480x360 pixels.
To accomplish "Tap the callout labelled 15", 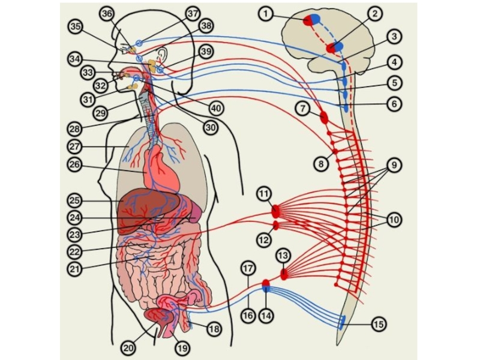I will click(378, 325).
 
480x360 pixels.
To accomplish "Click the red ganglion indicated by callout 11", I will click(275, 211).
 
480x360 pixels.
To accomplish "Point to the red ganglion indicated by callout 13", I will click(284, 274).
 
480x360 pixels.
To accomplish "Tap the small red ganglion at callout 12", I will click(276, 226).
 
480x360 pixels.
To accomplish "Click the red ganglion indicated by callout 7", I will click(324, 116).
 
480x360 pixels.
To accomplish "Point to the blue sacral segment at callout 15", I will click(342, 323).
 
